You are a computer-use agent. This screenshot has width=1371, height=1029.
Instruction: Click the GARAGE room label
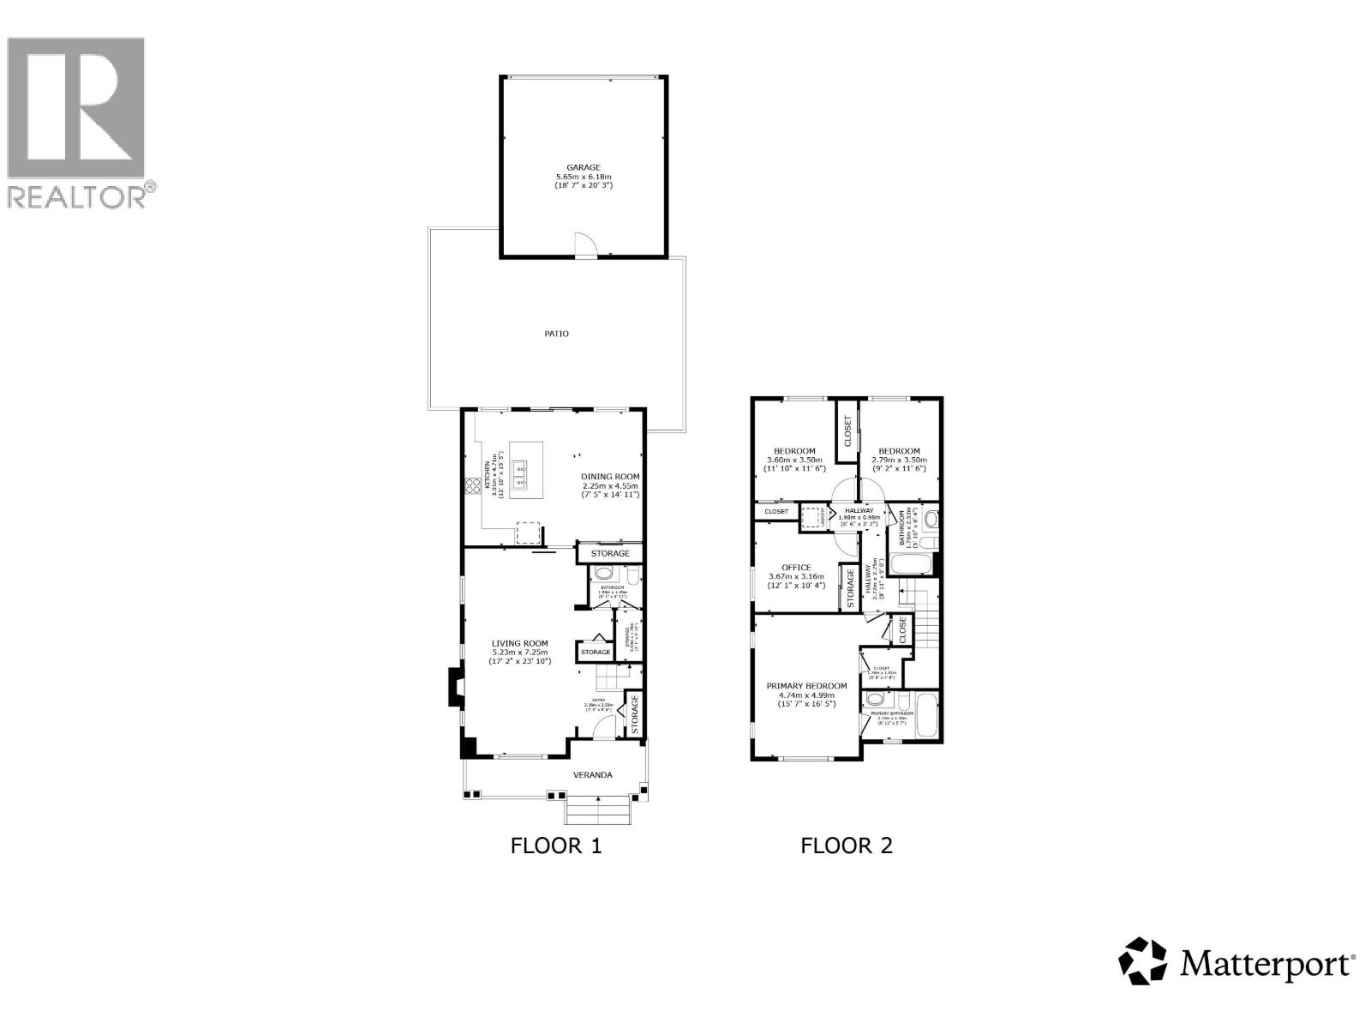pos(583,168)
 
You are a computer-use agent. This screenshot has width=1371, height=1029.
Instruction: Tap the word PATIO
pos(557,334)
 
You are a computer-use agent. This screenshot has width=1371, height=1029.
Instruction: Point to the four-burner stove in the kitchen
pos(472,486)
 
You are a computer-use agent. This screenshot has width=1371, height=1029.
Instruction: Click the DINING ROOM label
pos(610,477)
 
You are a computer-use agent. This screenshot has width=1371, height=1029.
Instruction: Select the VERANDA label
pos(593,775)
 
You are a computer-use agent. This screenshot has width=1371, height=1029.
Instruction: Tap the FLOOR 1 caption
pos(556,845)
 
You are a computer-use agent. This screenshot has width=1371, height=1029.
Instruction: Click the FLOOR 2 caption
pos(847,845)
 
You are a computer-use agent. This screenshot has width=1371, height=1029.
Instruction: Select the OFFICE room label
pos(796,567)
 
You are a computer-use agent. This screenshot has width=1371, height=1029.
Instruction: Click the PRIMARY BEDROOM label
pos(806,686)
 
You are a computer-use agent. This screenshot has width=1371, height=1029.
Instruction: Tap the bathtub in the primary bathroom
pos(927,716)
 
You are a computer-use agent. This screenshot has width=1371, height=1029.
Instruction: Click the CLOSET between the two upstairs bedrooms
pos(848,431)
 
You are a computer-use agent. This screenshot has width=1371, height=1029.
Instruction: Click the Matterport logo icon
pos(1143,960)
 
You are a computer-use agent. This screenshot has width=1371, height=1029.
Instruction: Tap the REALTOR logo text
pos(77,196)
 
